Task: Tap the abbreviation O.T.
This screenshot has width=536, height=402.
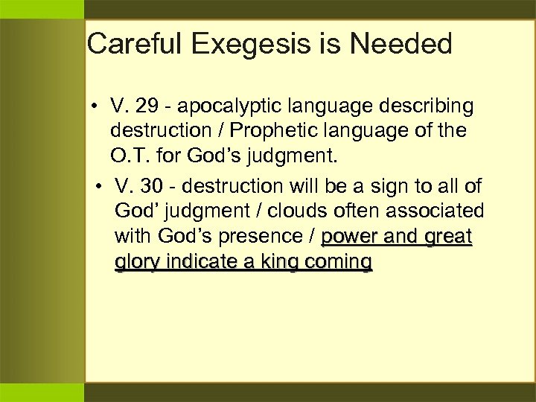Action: [130, 158]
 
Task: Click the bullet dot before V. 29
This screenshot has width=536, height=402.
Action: [98, 107]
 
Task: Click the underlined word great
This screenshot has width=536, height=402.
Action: [447, 237]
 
